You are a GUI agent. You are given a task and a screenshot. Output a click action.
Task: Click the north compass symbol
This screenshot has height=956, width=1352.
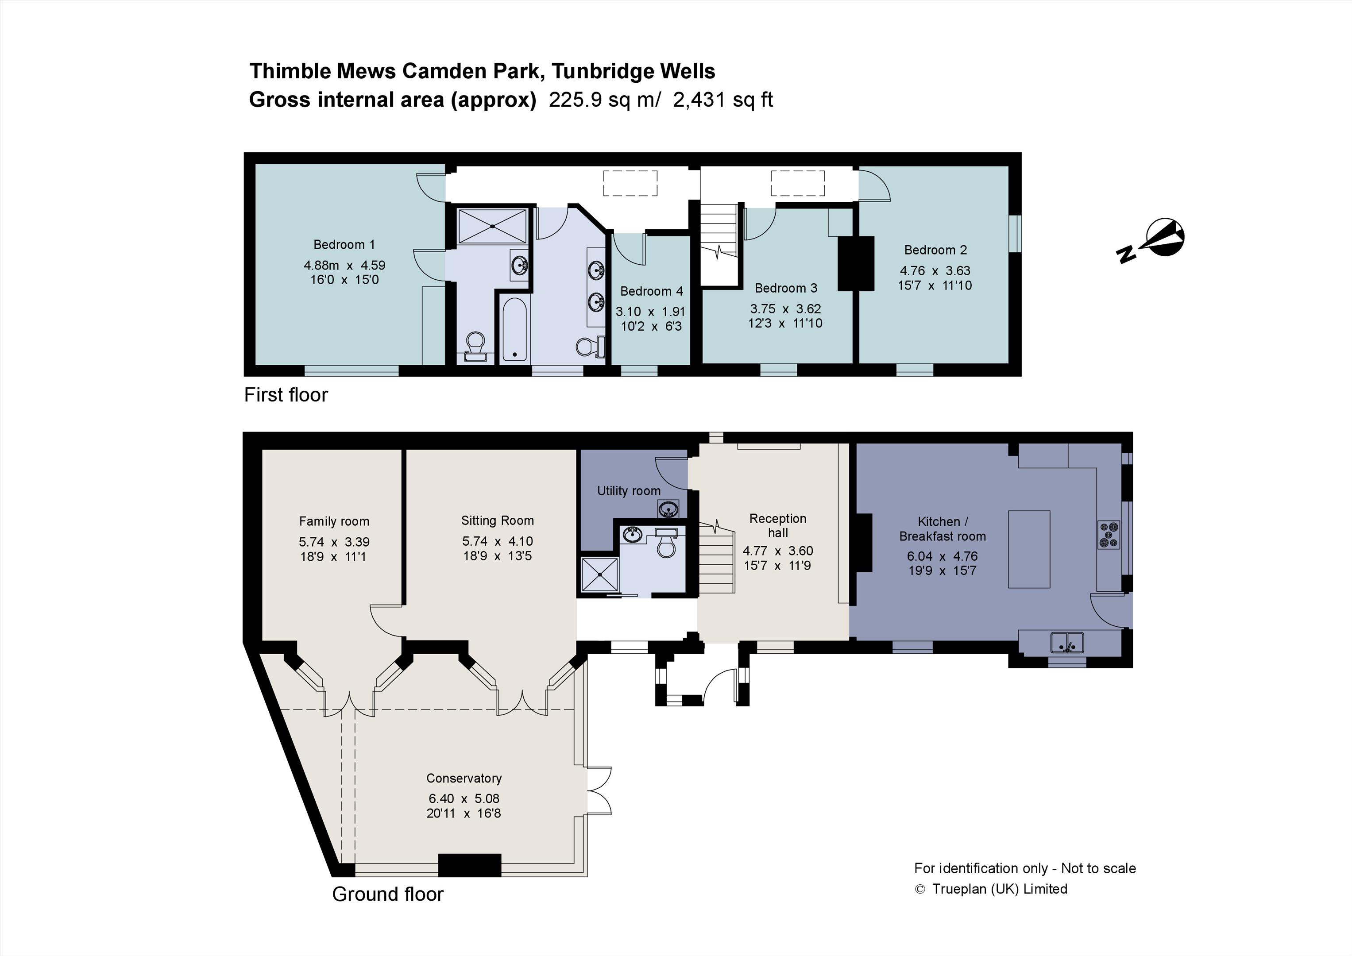pyautogui.click(x=1151, y=241)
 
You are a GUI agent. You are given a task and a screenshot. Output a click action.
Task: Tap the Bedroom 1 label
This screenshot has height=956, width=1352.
pyautogui.click(x=344, y=244)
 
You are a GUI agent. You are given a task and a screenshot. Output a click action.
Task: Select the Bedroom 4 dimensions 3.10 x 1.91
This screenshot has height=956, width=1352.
pyautogui.click(x=651, y=312)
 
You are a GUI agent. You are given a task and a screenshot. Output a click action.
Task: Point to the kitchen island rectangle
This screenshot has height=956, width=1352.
pyautogui.click(x=1029, y=549)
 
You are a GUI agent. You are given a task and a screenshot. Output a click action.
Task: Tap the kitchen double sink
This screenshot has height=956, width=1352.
pyautogui.click(x=1067, y=642)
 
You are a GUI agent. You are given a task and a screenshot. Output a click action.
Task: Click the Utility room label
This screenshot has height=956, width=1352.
pyautogui.click(x=629, y=491)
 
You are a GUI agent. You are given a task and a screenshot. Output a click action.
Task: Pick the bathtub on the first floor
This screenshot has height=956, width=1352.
pyautogui.click(x=515, y=328)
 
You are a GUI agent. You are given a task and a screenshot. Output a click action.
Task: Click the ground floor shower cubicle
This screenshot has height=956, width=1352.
pyautogui.click(x=599, y=574)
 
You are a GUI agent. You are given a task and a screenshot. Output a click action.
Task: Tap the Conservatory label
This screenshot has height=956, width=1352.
pyautogui.click(x=464, y=778)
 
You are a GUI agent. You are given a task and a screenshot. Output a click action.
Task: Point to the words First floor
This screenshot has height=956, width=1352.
pyautogui.click(x=286, y=394)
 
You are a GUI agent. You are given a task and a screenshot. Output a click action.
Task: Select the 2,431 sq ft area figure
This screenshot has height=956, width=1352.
pyautogui.click(x=722, y=100)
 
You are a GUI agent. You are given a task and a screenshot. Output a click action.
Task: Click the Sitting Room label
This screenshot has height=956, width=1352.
pyautogui.click(x=498, y=520)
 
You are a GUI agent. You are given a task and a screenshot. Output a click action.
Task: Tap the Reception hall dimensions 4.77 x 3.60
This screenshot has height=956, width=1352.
pyautogui.click(x=778, y=551)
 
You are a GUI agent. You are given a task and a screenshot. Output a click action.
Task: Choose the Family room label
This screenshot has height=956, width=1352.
pyautogui.click(x=334, y=521)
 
